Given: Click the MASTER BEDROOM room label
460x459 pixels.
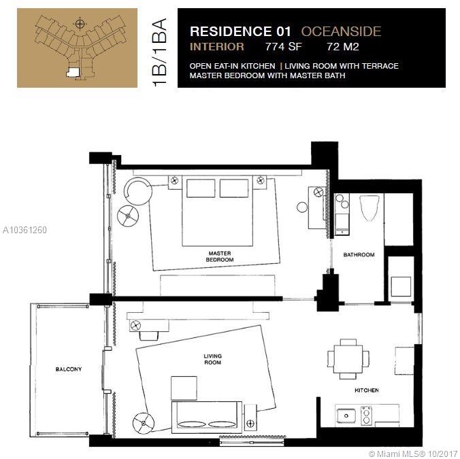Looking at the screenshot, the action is coord(220,256).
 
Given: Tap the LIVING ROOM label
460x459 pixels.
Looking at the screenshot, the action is coord(213,359).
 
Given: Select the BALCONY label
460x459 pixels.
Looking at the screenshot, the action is coord(69,369).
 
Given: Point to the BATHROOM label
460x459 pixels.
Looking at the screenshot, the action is coord(359,255).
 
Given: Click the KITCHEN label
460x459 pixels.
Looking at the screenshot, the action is coord(366,390).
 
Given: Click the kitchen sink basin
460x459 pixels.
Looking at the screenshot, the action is coord(346,416).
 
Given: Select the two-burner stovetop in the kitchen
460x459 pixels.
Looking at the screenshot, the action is coord(366,415).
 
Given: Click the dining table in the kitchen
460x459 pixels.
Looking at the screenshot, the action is coord(348,359).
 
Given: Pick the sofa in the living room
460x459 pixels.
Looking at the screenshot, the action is coord(207,418).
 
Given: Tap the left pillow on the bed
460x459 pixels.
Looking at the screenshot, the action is coord(201,188).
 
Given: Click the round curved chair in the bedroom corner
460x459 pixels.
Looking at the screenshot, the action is coord(138,191).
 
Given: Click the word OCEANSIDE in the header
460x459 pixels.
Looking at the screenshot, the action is coord(341,31).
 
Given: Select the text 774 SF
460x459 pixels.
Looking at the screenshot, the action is coord(283,47).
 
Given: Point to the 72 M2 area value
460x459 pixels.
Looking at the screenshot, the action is coord(343,47).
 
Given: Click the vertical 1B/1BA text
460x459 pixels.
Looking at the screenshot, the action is coord(160,52).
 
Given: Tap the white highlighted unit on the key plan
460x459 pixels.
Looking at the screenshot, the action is coord(73,73).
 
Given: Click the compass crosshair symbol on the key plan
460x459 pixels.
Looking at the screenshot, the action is coord(80,24).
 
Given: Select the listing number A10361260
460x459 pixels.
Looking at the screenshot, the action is coord(24,230).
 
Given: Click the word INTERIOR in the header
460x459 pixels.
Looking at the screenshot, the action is coord(217,47).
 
